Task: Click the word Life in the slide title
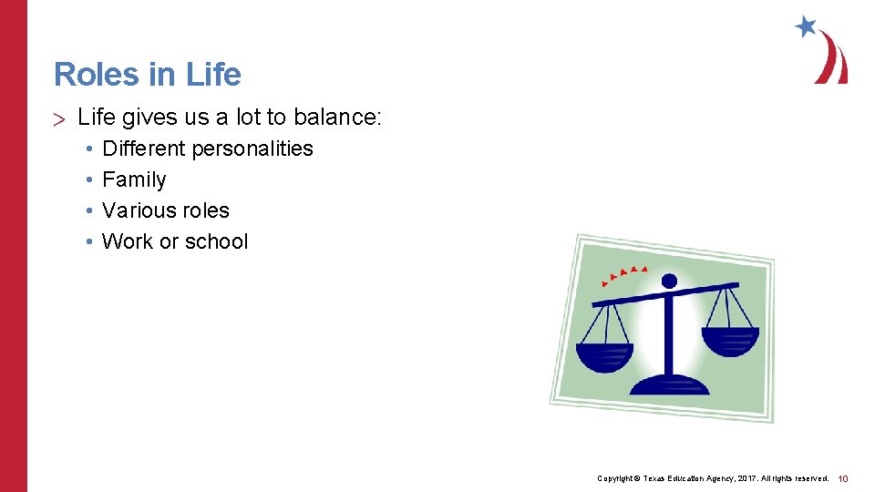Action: (x=213, y=74)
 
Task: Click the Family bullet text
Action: (x=134, y=179)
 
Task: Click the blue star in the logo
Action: (x=806, y=26)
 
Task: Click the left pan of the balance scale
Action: (x=604, y=356)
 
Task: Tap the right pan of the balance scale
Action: (x=730, y=341)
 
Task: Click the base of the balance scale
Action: (x=669, y=384)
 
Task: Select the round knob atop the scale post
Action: (x=669, y=281)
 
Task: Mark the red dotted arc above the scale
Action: (x=622, y=274)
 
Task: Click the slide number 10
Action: (x=843, y=478)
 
